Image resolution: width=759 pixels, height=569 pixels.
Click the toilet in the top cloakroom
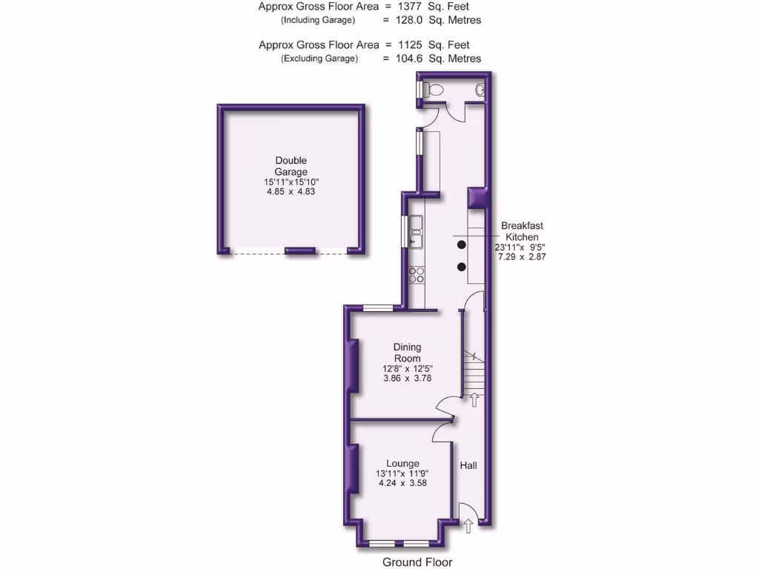point(434,90)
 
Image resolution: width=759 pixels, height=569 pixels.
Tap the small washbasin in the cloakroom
point(480,90)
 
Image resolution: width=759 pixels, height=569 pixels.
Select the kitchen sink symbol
point(417,231)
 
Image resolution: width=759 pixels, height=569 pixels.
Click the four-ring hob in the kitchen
point(417,275)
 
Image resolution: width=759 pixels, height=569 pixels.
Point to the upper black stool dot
point(461,244)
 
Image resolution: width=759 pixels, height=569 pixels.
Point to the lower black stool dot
point(461,266)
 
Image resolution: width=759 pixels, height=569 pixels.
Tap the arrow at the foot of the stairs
point(474,400)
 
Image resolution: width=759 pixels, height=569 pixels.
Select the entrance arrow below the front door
point(468,526)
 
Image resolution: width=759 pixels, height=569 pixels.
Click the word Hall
point(468,465)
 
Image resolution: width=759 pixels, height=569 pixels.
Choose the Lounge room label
point(402,463)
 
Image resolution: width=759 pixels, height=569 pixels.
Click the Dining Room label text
point(407,353)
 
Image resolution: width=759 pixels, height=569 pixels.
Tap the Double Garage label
point(291,166)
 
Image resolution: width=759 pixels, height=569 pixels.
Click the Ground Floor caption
point(417,562)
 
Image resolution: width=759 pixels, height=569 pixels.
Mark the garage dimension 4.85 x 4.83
point(291,191)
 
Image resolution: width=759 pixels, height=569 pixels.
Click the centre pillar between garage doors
point(301,251)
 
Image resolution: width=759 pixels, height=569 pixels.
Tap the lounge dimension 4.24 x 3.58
point(402,483)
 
